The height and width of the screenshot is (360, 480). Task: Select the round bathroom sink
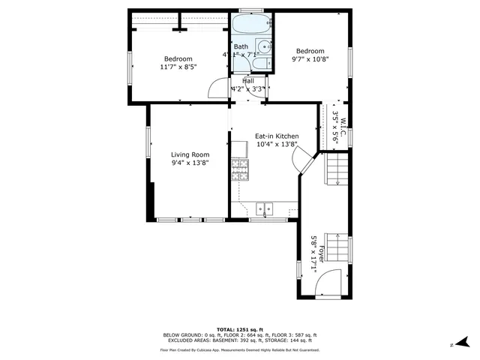click(259, 47)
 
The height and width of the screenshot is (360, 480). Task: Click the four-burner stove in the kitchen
click(240, 170)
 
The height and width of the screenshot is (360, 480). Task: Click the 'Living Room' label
click(190, 154)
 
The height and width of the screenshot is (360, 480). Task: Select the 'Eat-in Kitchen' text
click(277, 136)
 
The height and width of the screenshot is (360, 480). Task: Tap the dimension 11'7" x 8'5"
click(178, 67)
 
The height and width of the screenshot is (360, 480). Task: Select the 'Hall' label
click(247, 80)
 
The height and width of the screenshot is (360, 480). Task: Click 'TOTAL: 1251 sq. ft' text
click(240, 329)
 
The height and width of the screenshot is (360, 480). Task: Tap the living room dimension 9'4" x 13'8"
click(190, 163)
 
